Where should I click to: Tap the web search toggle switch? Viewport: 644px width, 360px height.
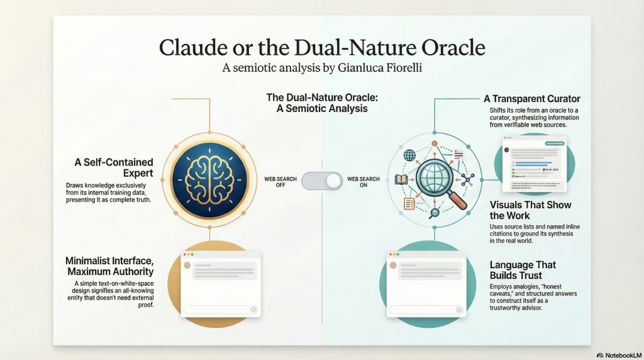[x=322, y=181]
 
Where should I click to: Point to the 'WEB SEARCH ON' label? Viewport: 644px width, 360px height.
[x=364, y=182]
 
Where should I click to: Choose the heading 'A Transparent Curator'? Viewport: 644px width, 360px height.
[x=531, y=99]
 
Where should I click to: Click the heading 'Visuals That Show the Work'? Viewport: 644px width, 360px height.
[x=530, y=210]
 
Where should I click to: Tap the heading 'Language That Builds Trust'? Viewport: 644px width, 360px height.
[x=523, y=270]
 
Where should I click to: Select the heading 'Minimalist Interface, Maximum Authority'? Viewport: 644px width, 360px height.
[x=109, y=266]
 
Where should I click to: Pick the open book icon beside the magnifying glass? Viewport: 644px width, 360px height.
[x=401, y=180]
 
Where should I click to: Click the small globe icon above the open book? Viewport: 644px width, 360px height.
[x=410, y=155]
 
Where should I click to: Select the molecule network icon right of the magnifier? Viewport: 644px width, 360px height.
[x=467, y=178]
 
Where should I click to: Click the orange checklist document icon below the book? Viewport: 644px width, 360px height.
[x=409, y=203]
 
